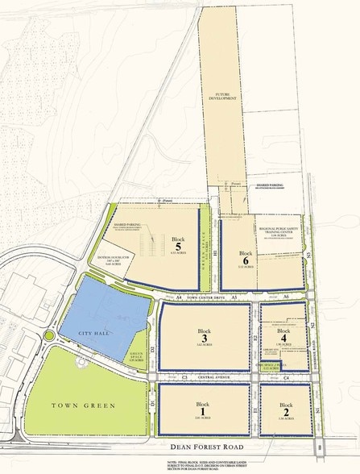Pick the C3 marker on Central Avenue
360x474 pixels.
pyautogui.click(x=184, y=376)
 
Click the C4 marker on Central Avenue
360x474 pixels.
pyautogui.click(x=286, y=376)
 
